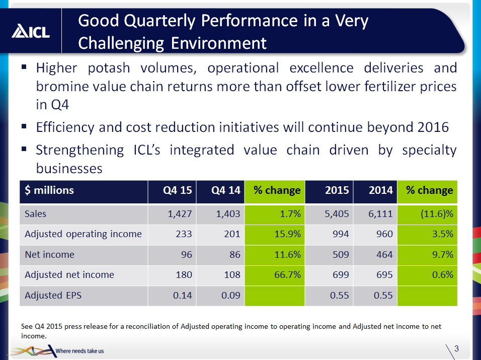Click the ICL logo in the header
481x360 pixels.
(x=31, y=31)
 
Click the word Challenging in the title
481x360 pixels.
(x=121, y=43)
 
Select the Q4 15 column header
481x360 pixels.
(x=177, y=190)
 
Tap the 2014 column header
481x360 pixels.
(x=381, y=190)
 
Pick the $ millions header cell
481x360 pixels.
(x=49, y=190)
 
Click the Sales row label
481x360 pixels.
(x=35, y=213)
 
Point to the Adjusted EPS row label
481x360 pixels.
(x=53, y=295)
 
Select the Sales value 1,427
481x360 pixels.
(x=180, y=213)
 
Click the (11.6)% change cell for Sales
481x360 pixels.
(x=437, y=213)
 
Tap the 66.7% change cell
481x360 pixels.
(x=287, y=274)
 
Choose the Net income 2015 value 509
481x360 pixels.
(x=341, y=254)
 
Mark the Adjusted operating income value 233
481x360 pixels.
(x=184, y=234)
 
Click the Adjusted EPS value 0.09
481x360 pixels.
(x=230, y=295)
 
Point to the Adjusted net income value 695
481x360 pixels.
(x=385, y=274)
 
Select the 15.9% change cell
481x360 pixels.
(x=287, y=234)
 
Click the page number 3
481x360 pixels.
(x=456, y=348)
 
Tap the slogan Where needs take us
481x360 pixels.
(x=80, y=351)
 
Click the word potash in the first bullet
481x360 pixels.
(x=109, y=68)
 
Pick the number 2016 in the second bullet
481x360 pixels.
(x=433, y=127)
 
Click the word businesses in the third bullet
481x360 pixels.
(x=69, y=168)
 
